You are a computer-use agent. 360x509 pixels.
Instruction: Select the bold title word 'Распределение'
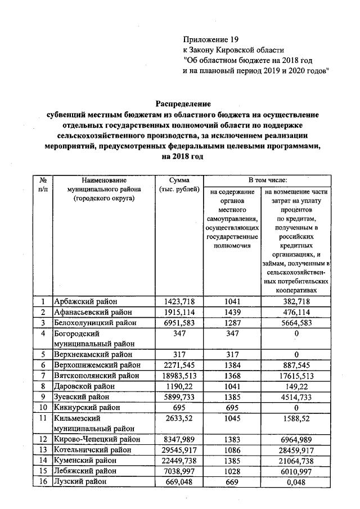tap(183, 104)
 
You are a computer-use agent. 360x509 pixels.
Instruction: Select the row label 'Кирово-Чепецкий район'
tap(96, 439)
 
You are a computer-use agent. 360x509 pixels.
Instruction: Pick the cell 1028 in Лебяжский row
tap(232, 471)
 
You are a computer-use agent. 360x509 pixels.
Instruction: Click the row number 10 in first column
tap(43, 407)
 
